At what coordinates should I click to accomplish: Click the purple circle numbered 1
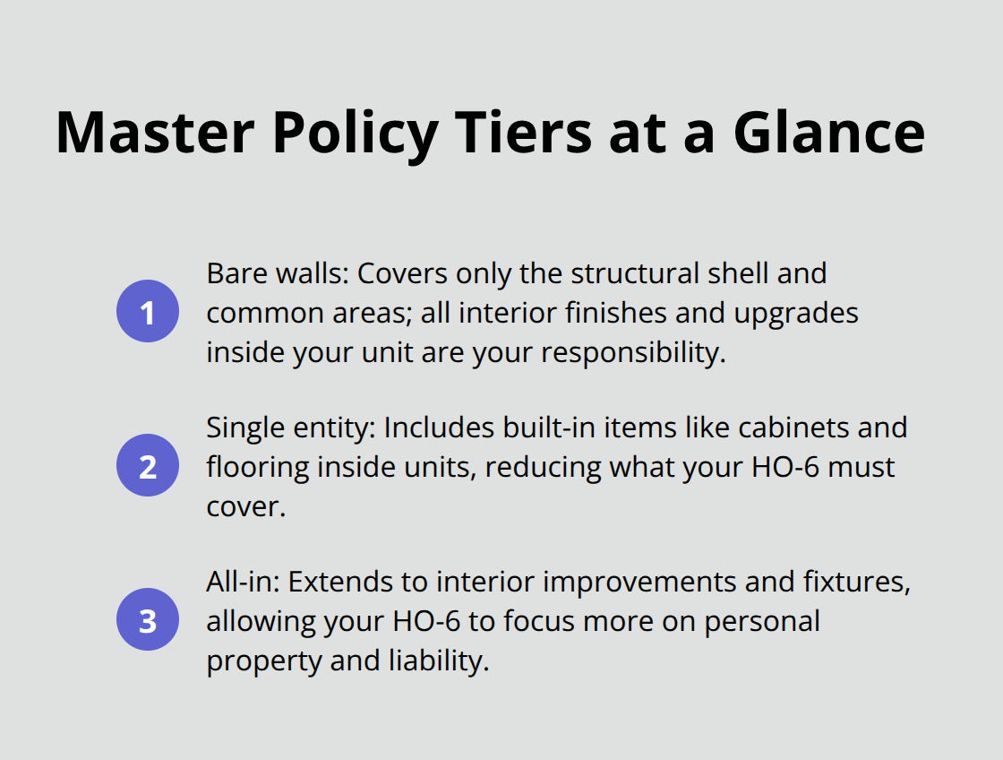pos(148,312)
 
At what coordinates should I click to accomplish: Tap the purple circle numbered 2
pos(148,466)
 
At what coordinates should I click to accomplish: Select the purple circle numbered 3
pos(148,620)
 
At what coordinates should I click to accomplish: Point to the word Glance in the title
pos(829,132)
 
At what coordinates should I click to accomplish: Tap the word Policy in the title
pos(355,132)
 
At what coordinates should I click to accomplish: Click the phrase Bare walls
pos(275,273)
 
